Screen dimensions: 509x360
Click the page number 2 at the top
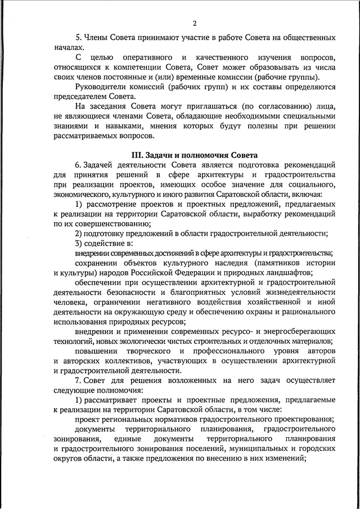(x=194, y=23)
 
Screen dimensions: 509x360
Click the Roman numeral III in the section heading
(x=138, y=155)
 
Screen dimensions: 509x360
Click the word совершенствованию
(x=106, y=224)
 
